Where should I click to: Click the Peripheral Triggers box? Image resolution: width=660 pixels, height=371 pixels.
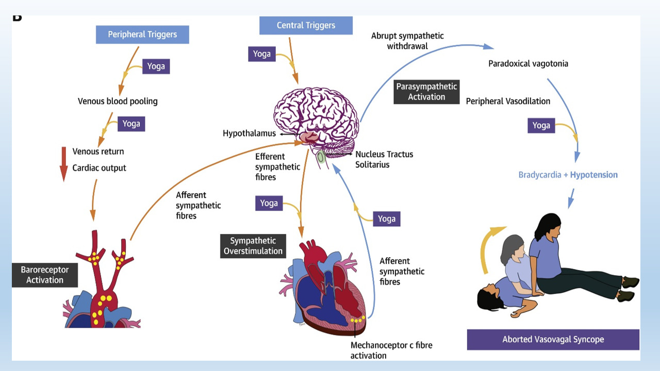tap(142, 35)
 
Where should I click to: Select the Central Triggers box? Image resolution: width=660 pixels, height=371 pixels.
tap(306, 25)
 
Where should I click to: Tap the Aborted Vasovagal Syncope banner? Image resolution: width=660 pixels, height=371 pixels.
tap(553, 340)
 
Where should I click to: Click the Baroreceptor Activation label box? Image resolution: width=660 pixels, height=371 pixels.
tap(45, 275)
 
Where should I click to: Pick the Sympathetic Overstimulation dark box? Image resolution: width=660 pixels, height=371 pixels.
tap(253, 246)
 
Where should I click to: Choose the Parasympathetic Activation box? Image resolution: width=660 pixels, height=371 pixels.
tap(426, 92)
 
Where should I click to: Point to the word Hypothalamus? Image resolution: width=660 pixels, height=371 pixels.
tap(249, 133)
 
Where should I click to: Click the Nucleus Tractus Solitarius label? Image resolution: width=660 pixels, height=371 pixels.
tap(384, 159)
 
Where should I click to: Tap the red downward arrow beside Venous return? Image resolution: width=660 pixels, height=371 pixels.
tap(64, 164)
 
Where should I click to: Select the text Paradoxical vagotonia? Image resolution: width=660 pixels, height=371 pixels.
tap(528, 64)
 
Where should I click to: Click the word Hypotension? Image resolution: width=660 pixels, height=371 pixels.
tap(593, 175)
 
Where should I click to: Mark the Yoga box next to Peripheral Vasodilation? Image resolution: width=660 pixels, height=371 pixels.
tap(541, 125)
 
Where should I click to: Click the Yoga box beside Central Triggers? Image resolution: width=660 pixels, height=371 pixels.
tap(262, 54)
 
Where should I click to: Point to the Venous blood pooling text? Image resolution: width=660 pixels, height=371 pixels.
tap(118, 101)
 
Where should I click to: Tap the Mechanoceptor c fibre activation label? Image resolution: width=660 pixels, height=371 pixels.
tap(391, 350)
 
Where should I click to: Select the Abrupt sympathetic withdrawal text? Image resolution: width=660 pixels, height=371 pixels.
tap(407, 41)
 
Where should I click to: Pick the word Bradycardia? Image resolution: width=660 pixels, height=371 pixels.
tap(539, 175)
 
